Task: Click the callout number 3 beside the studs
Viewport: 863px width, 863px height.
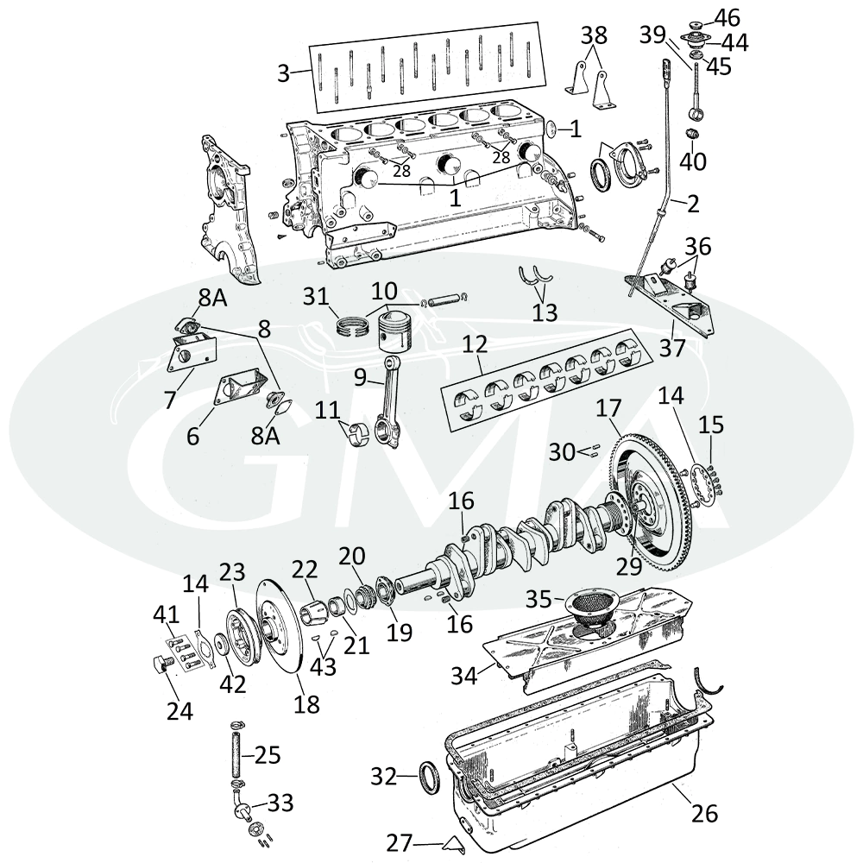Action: (x=283, y=73)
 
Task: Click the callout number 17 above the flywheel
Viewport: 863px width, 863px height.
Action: (x=608, y=408)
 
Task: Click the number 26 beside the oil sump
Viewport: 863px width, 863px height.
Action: (x=705, y=813)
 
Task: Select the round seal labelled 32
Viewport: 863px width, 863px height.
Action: (x=429, y=777)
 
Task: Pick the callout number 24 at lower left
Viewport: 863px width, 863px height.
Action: (x=180, y=712)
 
